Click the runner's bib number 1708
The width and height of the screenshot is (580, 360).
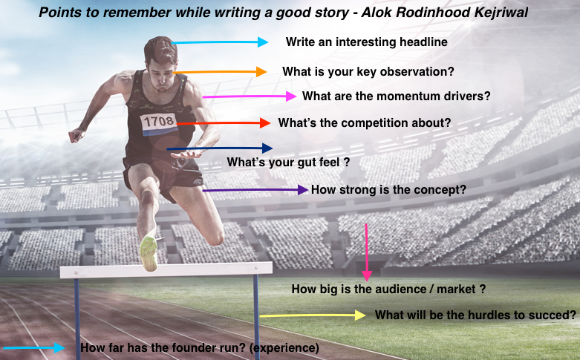point(159,122)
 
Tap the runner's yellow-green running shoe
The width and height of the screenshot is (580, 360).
point(149,252)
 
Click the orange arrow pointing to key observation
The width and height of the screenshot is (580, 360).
point(220,72)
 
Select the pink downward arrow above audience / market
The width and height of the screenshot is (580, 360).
point(367,252)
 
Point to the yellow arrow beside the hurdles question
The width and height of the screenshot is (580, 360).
point(313,315)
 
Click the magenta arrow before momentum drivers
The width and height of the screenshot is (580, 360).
point(250,96)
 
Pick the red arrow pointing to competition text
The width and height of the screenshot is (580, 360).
point(224,123)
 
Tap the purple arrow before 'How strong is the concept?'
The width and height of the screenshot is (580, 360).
point(255,190)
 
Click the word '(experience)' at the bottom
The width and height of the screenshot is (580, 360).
point(284,348)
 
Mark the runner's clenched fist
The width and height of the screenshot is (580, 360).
point(76,135)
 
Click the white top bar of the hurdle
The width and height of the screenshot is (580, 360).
point(166,269)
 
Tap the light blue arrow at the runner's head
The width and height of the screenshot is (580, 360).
point(220,42)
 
